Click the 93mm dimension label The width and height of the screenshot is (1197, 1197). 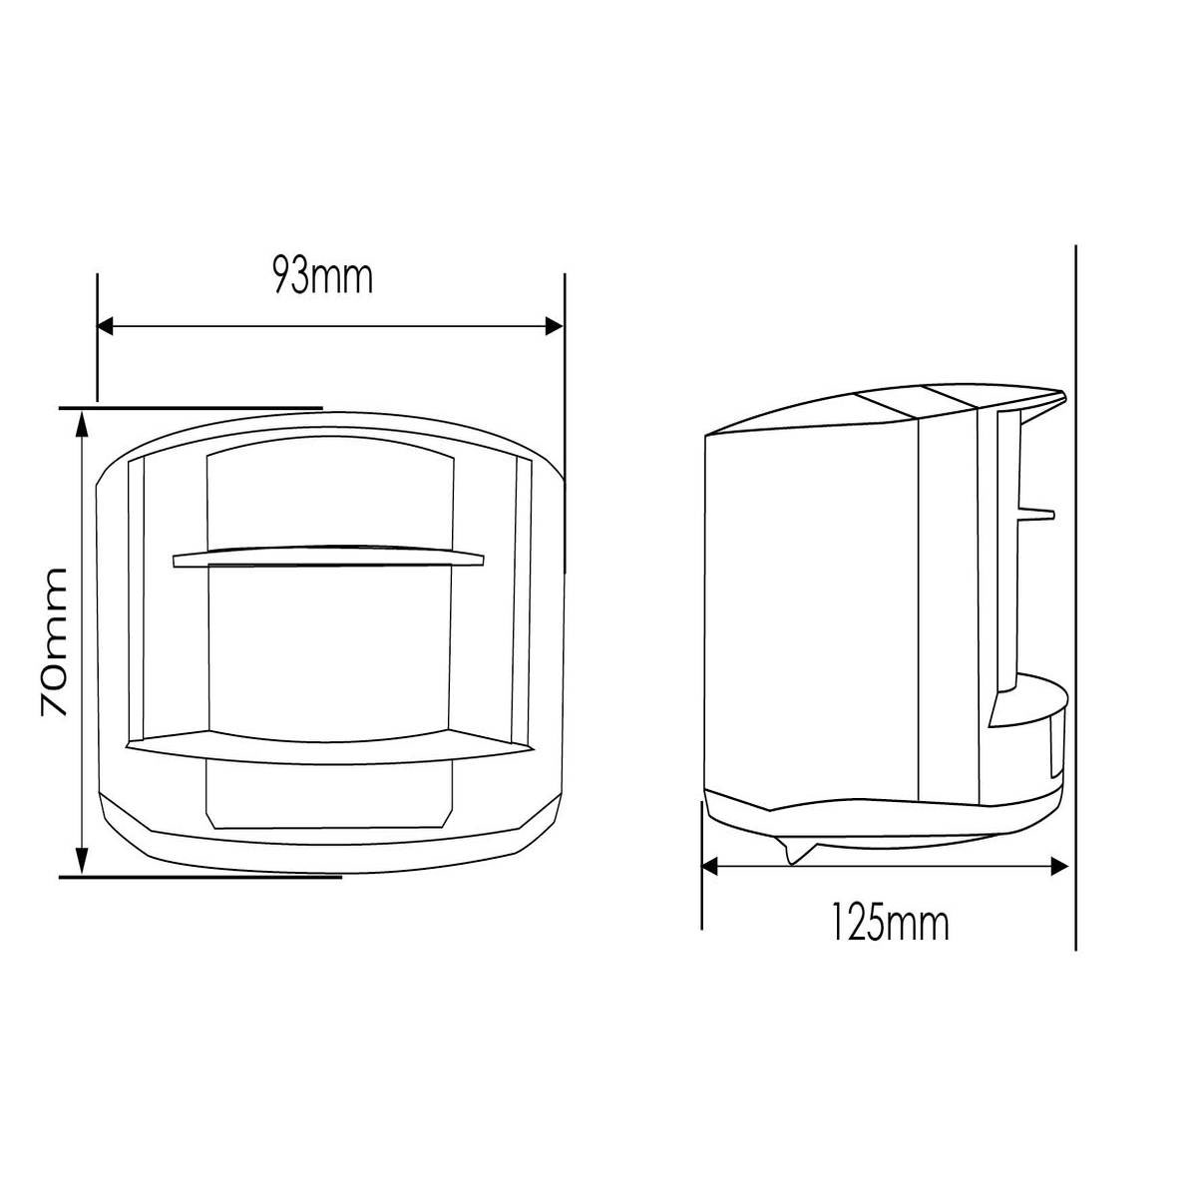coord(323,277)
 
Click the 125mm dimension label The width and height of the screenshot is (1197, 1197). coord(890,923)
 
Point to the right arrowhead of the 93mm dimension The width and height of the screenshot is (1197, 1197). coord(555,326)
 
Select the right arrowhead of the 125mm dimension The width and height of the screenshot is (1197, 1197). coord(1064,867)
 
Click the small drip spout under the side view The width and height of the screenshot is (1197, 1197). coord(796,853)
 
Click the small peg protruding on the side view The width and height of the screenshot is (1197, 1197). coord(1037,513)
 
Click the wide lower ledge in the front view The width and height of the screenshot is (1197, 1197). coord(330,749)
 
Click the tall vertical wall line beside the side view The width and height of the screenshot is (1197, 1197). coord(1076,598)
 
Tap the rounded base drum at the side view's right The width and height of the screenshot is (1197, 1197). coord(1032,738)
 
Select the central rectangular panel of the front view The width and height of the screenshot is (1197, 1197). coord(330,648)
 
